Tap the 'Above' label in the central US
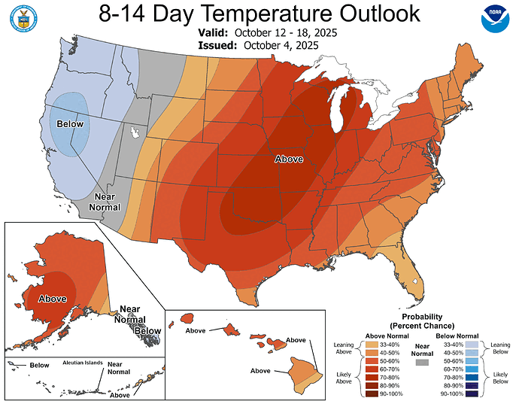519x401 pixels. coord(289,159)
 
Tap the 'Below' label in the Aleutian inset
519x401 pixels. coord(39,365)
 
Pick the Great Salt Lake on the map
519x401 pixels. coord(136,133)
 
